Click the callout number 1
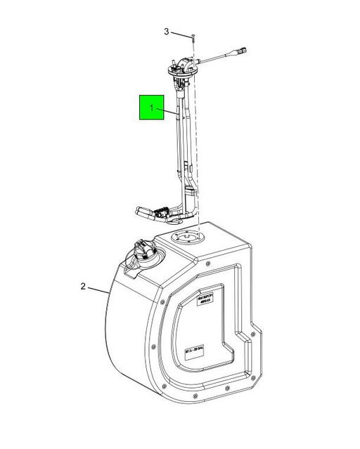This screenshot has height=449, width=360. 150,108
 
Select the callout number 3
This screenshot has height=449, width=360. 167,32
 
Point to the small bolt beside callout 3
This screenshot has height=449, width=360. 191,35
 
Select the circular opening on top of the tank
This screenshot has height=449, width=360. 188,240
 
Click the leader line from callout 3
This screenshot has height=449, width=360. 180,34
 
